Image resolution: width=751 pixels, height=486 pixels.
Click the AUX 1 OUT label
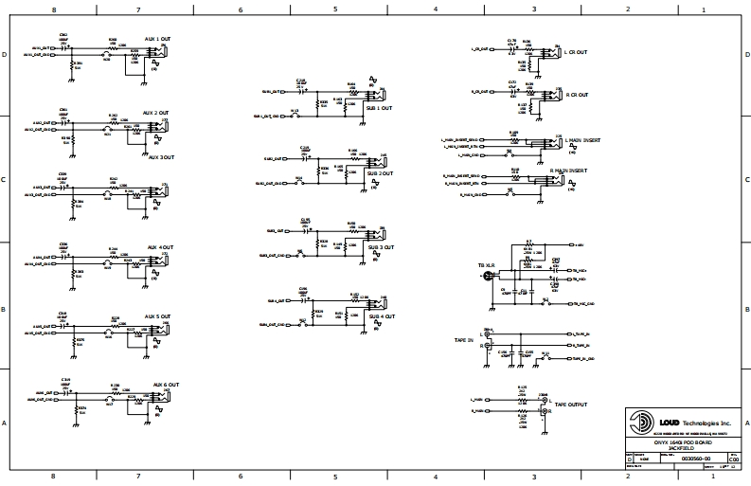point(157,38)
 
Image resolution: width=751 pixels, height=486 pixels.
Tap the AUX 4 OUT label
point(160,248)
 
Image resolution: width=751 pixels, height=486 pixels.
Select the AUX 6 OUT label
point(165,385)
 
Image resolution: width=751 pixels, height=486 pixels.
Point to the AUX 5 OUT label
point(157,316)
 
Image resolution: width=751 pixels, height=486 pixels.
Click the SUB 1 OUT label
point(380,108)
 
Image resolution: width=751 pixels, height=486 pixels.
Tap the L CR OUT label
point(576,52)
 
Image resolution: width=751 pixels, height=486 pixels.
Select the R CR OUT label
point(576,95)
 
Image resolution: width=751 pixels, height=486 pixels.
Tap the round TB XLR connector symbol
point(487,277)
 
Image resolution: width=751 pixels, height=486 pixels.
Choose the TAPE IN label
point(464,339)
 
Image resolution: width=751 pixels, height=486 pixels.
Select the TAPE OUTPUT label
point(571,405)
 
